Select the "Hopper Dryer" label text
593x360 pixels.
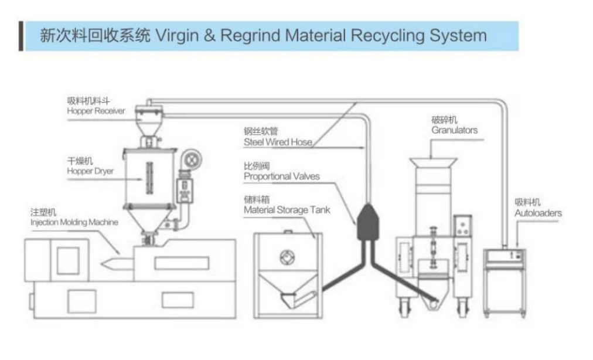pyautogui.click(x=90, y=171)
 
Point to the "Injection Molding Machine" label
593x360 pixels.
pyautogui.click(x=74, y=222)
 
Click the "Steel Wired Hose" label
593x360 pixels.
pyautogui.click(x=278, y=142)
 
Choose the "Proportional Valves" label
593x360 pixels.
pyautogui.click(x=282, y=176)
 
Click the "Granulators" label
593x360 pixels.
pyautogui.click(x=454, y=130)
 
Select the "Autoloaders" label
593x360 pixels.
pyautogui.click(x=537, y=213)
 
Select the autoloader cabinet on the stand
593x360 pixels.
pyautogui.click(x=504, y=259)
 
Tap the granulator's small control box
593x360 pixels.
pyautogui.click(x=464, y=225)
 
